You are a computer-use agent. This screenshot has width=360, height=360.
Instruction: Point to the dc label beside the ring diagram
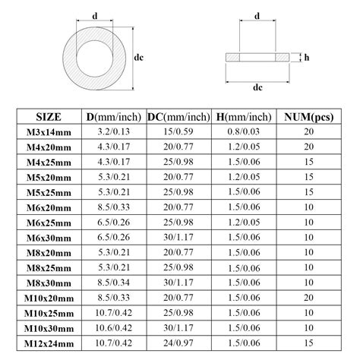139,56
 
